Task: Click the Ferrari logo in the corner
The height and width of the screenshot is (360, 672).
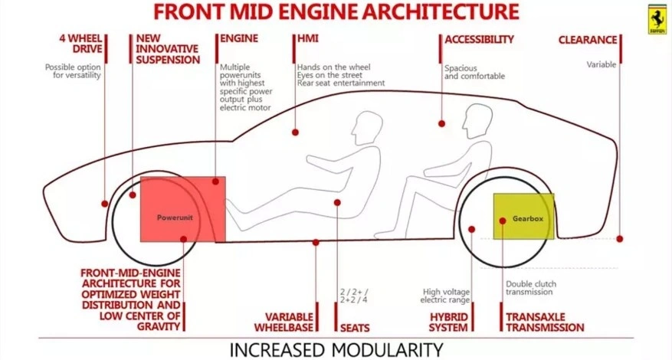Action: (657, 20)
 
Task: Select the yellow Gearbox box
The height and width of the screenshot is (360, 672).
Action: (523, 216)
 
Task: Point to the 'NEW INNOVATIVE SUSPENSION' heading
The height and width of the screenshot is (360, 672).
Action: (167, 48)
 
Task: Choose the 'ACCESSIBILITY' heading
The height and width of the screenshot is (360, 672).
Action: (480, 38)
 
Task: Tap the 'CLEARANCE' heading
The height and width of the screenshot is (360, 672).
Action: (588, 39)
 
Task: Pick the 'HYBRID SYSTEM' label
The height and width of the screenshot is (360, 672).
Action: (448, 322)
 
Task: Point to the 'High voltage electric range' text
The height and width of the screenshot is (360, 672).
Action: (447, 295)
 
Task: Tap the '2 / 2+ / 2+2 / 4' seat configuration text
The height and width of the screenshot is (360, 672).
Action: (353, 296)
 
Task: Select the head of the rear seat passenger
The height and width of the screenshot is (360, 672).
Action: (477, 119)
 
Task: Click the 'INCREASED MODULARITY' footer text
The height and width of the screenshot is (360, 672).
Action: (336, 349)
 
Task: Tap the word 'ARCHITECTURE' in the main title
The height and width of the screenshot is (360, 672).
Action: (432, 12)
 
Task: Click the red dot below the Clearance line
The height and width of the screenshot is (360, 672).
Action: (619, 238)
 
